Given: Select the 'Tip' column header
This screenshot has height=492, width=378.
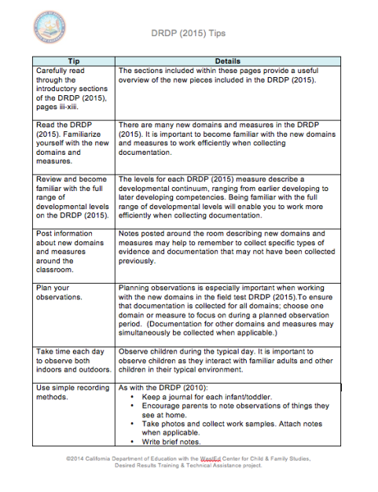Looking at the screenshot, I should (x=73, y=60).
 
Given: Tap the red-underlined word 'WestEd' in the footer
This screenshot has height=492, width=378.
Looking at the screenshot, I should (x=210, y=457).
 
